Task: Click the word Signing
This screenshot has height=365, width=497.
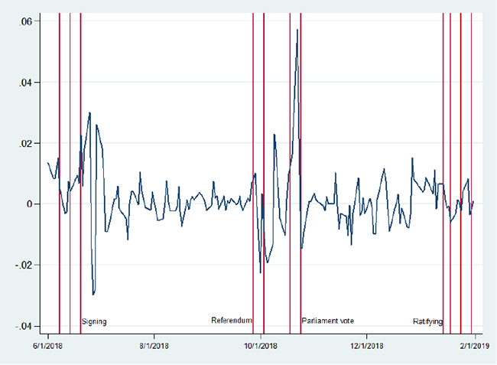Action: coord(94,321)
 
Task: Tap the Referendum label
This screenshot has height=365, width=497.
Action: coord(232,321)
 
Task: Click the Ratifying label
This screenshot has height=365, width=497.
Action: coord(427,321)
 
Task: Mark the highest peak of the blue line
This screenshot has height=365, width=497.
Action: coord(297,29)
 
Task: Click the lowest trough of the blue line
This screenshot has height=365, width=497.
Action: coord(93,295)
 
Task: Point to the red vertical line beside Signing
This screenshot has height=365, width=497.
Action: coord(80,230)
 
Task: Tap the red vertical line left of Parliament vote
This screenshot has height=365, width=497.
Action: coord(300,230)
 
